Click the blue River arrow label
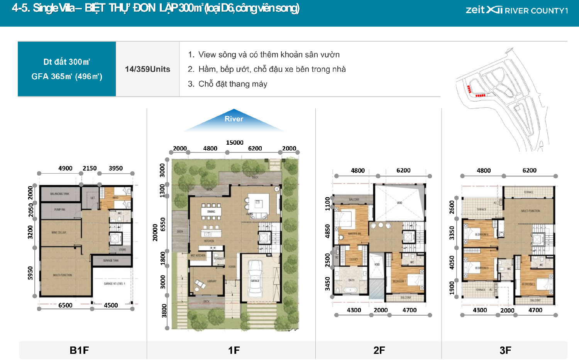pos(234,119)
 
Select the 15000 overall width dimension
pos(235,142)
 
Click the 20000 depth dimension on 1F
pos(155,232)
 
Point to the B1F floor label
pos(79,350)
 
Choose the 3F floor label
pos(505,350)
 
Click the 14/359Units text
pos(147,69)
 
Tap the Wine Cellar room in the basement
pos(59,233)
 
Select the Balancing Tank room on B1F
pos(60,194)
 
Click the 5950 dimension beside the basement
pos(30,273)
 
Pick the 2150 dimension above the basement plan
pos(90,168)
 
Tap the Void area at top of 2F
pos(399,203)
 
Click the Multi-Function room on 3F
pos(530,211)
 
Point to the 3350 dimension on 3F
pos(452,233)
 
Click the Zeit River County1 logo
pos(516,10)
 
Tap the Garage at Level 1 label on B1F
pos(114,284)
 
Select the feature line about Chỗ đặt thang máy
pos(232,84)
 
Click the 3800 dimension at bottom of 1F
pos(164,311)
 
